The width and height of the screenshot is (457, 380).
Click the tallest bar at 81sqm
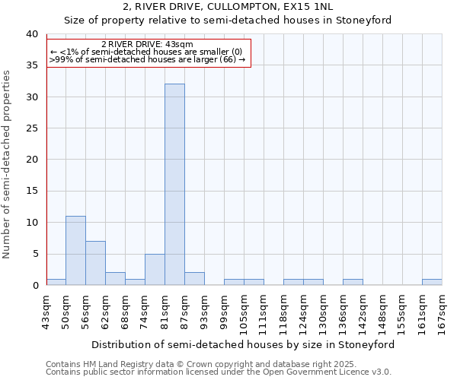point(174,185)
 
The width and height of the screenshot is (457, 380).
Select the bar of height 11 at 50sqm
point(75,251)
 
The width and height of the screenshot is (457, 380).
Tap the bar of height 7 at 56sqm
point(95,263)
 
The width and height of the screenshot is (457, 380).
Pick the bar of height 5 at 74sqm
point(155,270)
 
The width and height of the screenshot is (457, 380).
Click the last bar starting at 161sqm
point(432,282)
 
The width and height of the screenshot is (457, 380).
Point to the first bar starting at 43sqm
point(56,282)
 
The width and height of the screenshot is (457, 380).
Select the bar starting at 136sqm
point(353,282)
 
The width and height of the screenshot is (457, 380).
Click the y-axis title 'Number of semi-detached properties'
point(7,163)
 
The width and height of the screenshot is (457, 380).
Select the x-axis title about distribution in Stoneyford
point(244,344)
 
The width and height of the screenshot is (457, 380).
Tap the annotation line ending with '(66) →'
point(147,59)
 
